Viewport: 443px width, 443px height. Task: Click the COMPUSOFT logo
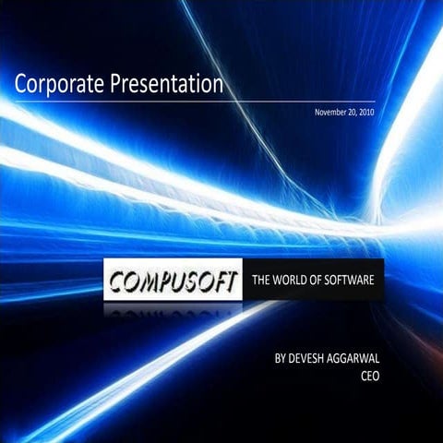click(x=174, y=281)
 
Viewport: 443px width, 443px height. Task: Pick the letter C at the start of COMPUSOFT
click(x=117, y=281)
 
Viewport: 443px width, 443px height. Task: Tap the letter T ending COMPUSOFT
click(x=232, y=280)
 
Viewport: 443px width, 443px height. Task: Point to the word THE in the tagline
click(x=263, y=281)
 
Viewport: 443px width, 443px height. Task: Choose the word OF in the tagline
click(x=320, y=281)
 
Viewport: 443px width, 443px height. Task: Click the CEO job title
click(x=370, y=375)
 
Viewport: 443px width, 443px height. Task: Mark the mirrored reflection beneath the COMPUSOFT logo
click(x=174, y=314)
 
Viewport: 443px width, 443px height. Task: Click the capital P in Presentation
click(x=117, y=86)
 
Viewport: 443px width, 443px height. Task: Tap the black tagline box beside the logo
click(x=313, y=281)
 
